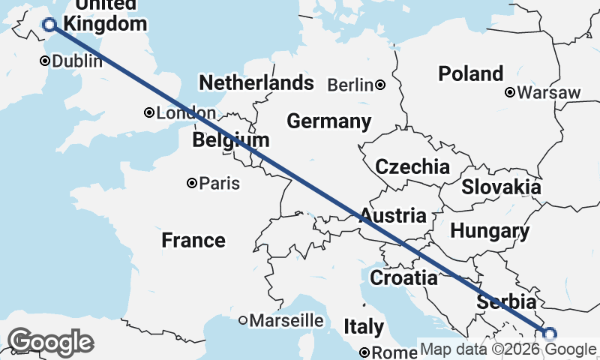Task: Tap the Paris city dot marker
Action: coord(193,182)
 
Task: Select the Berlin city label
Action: coord(350,85)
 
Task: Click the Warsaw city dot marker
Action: coord(510,93)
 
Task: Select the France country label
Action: coord(193,240)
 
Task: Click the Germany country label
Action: coord(328,121)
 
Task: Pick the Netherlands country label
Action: coord(256,82)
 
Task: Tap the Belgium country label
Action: coord(230,140)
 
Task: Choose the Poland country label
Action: coord(471,73)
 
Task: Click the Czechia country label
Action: coord(412,166)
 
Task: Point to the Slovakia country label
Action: coord(501,187)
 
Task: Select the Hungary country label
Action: coord(490,230)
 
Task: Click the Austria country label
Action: coord(393,216)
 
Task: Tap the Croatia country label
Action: coord(403,278)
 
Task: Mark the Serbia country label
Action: coord(507,302)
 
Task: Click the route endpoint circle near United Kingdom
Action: coord(49,25)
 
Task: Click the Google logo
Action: coord(50,342)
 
